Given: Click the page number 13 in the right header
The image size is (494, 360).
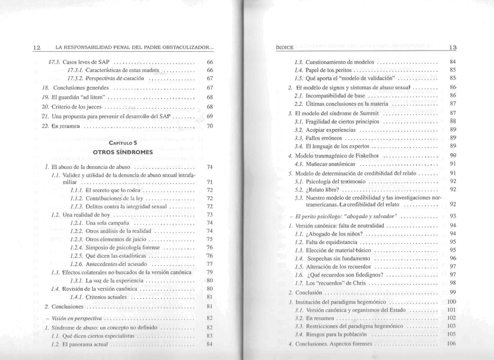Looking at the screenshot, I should pos(453,48).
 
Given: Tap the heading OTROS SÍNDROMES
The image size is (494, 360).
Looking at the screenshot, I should pos(123,152).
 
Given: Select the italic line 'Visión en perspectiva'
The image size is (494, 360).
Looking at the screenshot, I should pos(77,318).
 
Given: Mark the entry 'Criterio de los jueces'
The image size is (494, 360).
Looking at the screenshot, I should pos(77,107).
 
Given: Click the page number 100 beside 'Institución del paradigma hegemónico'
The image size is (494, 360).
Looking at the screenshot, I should pos(452,302).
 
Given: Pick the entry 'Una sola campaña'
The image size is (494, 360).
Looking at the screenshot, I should pos(107,223).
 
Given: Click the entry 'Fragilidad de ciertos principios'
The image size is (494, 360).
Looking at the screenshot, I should pos(342,122).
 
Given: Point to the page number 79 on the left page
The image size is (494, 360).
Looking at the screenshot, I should pos(210,272).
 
